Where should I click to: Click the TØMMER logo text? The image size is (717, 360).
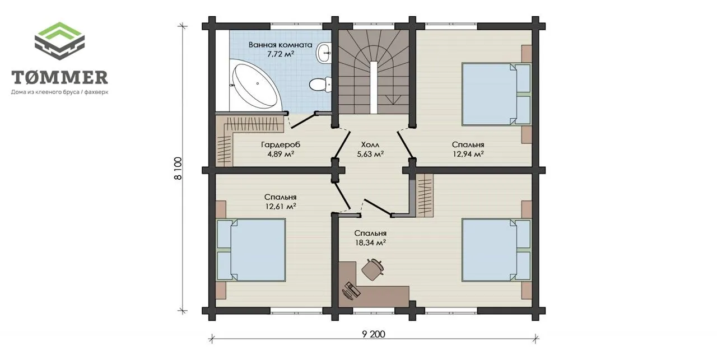pyautogui.click(x=59, y=77)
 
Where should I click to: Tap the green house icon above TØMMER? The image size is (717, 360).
pyautogui.click(x=59, y=41)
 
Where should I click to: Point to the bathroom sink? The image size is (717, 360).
pyautogui.click(x=324, y=53)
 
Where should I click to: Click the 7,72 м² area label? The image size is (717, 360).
pyautogui.click(x=281, y=54)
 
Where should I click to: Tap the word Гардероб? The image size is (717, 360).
pyautogui.click(x=281, y=144)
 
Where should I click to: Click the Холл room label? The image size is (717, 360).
pyautogui.click(x=370, y=144)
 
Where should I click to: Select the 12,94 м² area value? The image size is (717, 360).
pyautogui.click(x=468, y=154)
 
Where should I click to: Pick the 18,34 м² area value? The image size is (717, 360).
pyautogui.click(x=370, y=242)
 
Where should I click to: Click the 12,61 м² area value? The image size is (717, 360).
pyautogui.click(x=281, y=207)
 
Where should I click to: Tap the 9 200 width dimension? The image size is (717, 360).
pyautogui.click(x=374, y=334)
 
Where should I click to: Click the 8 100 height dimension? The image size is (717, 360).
pyautogui.click(x=178, y=169)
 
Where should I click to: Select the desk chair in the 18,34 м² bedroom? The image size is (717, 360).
pyautogui.click(x=373, y=269)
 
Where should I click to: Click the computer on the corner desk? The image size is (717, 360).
pyautogui.click(x=351, y=291)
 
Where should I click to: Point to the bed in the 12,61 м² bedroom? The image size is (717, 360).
pyautogui.click(x=251, y=250)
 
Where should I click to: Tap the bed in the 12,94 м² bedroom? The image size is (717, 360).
pyautogui.click(x=496, y=94)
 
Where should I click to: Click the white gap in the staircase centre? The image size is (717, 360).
pyautogui.click(x=374, y=87)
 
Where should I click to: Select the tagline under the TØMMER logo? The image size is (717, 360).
pyautogui.click(x=59, y=92)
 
